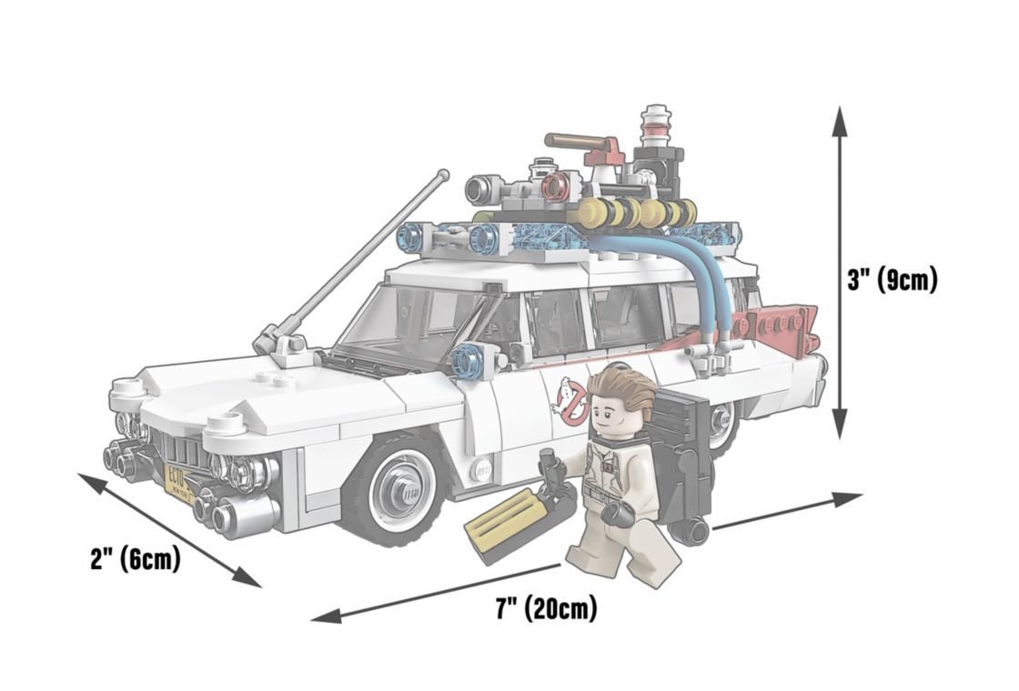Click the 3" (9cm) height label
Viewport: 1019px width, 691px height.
(893, 281)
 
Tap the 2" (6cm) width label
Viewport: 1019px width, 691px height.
(136, 558)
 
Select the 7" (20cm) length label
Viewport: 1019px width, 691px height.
(547, 608)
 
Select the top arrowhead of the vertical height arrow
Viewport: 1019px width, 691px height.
(840, 121)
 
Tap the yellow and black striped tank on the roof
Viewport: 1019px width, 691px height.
(637, 212)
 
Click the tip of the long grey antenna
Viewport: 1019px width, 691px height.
(444, 175)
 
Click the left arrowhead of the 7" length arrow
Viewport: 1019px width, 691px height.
(326, 615)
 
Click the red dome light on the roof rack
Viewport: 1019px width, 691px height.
(556, 185)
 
